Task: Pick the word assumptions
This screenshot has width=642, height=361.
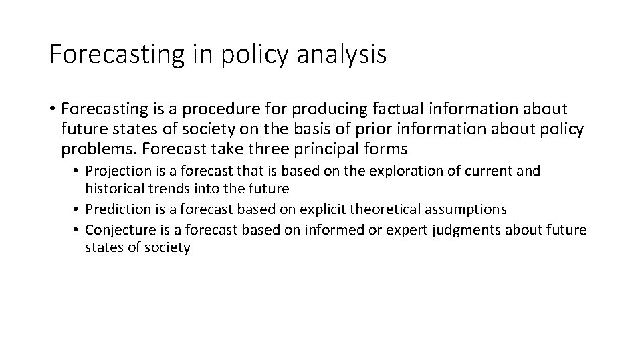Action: click(x=463, y=209)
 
